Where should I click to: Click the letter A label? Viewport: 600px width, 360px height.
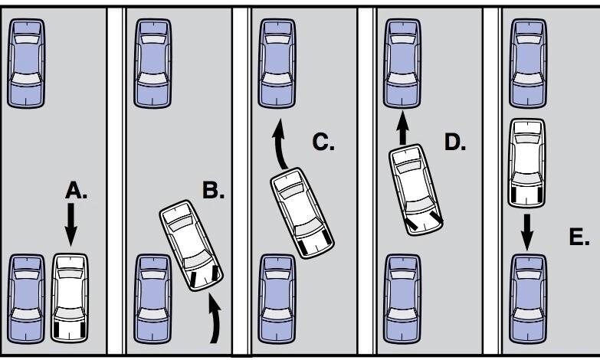pyautogui.click(x=76, y=190)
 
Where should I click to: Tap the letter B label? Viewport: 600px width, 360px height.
pyautogui.click(x=213, y=190)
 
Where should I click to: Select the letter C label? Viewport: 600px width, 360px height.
pyautogui.click(x=323, y=142)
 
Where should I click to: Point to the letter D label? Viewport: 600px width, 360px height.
pyautogui.click(x=455, y=142)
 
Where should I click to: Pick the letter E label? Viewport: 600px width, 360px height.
pyautogui.click(x=579, y=237)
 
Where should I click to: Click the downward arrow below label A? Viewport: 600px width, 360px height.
pyautogui.click(x=70, y=224)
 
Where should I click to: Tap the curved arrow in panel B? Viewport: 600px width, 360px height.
pyautogui.click(x=215, y=319)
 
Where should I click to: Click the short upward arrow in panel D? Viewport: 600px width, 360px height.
pyautogui.click(x=402, y=127)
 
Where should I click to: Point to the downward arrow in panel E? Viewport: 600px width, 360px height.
pyautogui.click(x=527, y=232)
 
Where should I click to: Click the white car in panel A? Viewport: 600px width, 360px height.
pyautogui.click(x=70, y=298)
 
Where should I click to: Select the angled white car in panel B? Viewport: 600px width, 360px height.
pyautogui.click(x=191, y=246)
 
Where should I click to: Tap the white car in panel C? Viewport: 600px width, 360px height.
pyautogui.click(x=302, y=213)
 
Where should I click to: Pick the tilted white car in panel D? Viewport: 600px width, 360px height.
pyautogui.click(x=416, y=190)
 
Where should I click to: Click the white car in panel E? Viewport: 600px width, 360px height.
pyautogui.click(x=526, y=163)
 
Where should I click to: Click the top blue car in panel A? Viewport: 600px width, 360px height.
pyautogui.click(x=26, y=64)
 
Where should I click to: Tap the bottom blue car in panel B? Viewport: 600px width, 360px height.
pyautogui.click(x=152, y=299)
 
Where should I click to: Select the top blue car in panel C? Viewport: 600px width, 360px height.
pyautogui.click(x=277, y=64)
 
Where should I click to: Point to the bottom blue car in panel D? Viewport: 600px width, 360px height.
pyautogui.click(x=402, y=299)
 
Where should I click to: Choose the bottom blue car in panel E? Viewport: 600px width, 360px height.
pyautogui.click(x=528, y=299)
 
